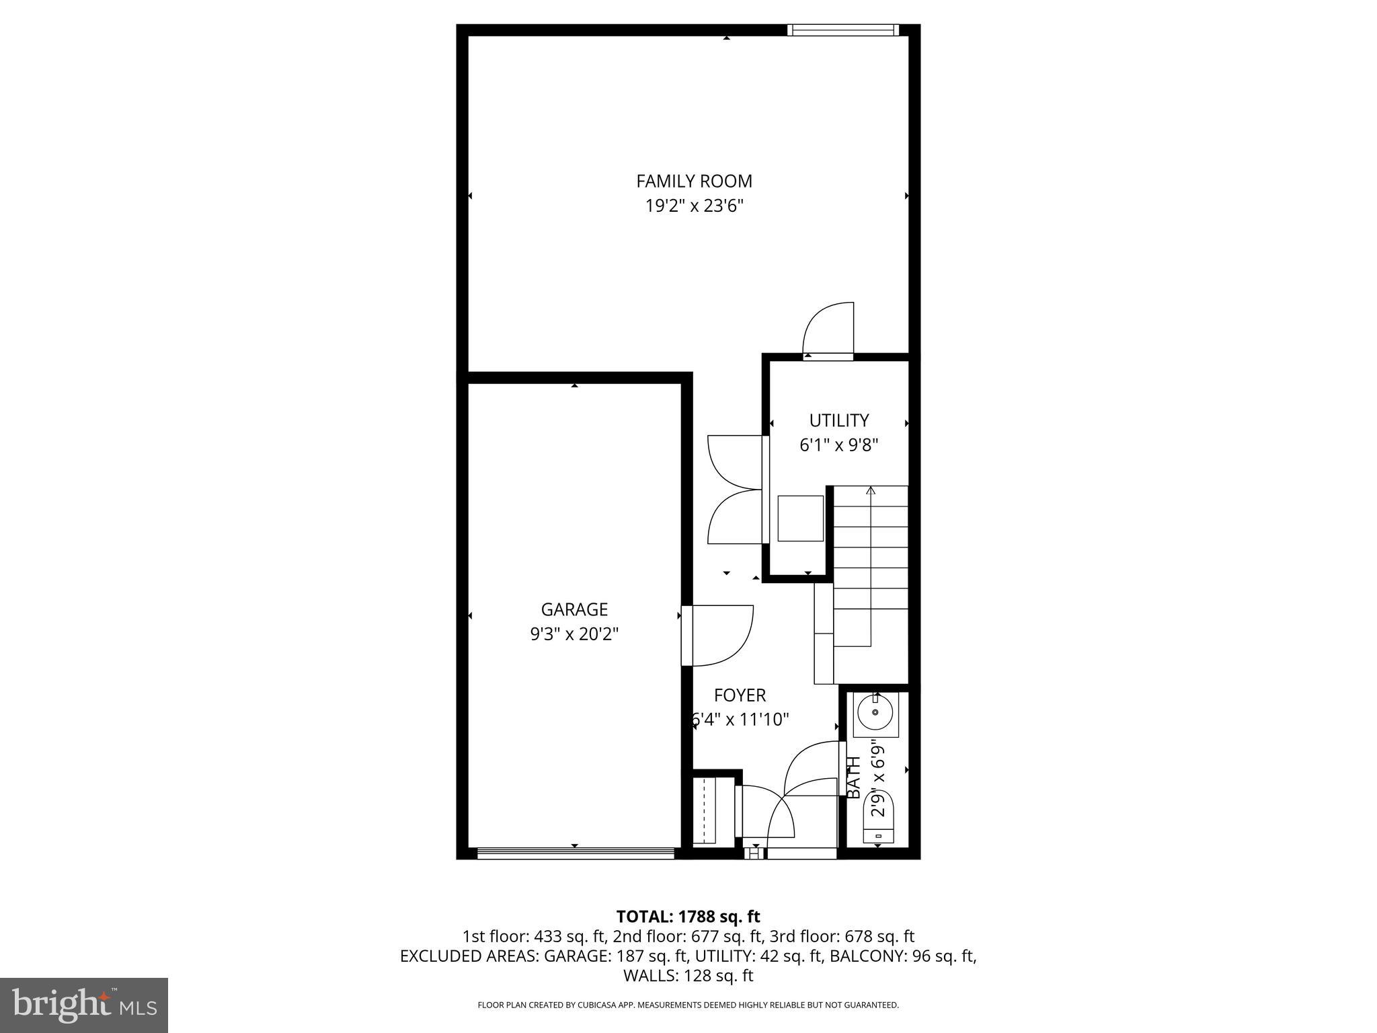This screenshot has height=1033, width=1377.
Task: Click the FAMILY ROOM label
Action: point(694,181)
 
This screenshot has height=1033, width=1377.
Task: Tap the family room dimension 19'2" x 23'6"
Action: point(694,206)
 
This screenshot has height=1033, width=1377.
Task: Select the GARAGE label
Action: point(574,609)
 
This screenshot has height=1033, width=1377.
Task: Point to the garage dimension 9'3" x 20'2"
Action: point(574,634)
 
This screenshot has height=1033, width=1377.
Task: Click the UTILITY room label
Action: point(838,420)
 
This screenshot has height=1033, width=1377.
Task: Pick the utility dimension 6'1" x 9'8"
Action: point(838,445)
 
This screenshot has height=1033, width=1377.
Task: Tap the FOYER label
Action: point(740,695)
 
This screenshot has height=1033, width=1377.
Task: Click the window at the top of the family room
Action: point(842,30)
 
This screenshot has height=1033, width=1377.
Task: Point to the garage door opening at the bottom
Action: point(576,853)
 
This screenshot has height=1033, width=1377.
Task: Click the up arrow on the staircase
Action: point(871,491)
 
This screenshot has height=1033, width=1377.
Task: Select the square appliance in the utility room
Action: point(800,518)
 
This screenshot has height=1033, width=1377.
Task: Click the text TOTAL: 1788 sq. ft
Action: point(688,917)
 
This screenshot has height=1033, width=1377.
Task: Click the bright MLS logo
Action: point(84,1005)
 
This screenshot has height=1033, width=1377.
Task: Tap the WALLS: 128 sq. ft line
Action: point(688,976)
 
